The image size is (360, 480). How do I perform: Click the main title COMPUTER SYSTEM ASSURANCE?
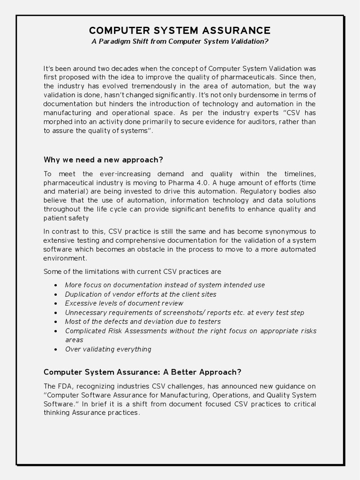coord(180,30)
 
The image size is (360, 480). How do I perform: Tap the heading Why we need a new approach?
coord(103,159)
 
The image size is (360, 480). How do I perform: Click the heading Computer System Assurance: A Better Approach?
coord(142,372)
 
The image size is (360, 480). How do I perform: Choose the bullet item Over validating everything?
coord(108,349)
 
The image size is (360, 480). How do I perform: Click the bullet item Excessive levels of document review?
coord(124,303)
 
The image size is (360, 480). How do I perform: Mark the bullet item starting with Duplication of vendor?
coord(141,294)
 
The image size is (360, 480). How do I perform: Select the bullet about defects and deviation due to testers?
coord(142,322)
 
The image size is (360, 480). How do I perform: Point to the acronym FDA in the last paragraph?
coord(66,386)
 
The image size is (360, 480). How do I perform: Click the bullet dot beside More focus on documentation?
coord(56,285)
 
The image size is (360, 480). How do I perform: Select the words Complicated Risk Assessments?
coord(116,331)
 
